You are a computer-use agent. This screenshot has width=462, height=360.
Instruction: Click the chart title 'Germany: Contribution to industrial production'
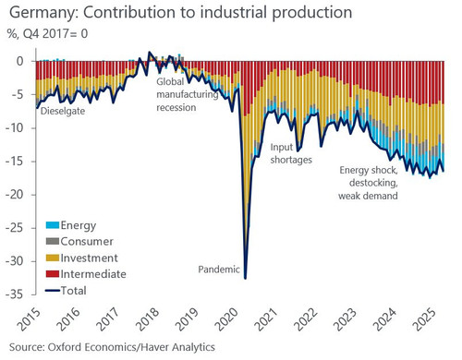tap(181, 13)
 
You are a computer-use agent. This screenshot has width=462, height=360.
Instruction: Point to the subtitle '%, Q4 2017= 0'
tap(47, 33)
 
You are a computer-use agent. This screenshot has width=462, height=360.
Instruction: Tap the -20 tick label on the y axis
tap(18, 195)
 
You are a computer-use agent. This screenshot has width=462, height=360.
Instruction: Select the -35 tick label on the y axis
tap(18, 294)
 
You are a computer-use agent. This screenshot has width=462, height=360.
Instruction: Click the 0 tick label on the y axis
tap(20, 61)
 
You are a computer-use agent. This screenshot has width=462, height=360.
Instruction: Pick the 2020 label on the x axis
tap(226, 319)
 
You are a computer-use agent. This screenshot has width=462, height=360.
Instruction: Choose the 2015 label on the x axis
tap(29, 319)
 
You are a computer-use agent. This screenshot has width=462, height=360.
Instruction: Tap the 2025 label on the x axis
tap(425, 319)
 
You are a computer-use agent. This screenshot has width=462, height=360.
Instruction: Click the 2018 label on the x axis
tap(148, 319)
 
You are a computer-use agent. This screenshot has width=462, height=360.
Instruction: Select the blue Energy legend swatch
tap(53, 225)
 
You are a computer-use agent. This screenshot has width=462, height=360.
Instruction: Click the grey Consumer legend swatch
tap(53, 241)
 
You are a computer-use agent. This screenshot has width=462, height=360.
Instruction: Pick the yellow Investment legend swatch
tap(53, 258)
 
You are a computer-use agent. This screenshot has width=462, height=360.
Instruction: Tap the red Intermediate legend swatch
tap(53, 274)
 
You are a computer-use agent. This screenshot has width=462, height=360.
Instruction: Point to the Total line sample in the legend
tap(53, 290)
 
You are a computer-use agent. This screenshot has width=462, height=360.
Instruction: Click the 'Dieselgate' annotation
tap(63, 111)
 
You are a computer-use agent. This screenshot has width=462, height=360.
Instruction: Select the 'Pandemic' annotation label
tap(219, 270)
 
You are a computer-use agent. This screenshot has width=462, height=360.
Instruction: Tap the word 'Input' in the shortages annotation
tap(281, 148)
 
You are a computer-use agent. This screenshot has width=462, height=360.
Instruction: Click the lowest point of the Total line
tap(245, 279)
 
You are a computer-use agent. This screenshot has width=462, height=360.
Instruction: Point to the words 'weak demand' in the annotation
tap(368, 196)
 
